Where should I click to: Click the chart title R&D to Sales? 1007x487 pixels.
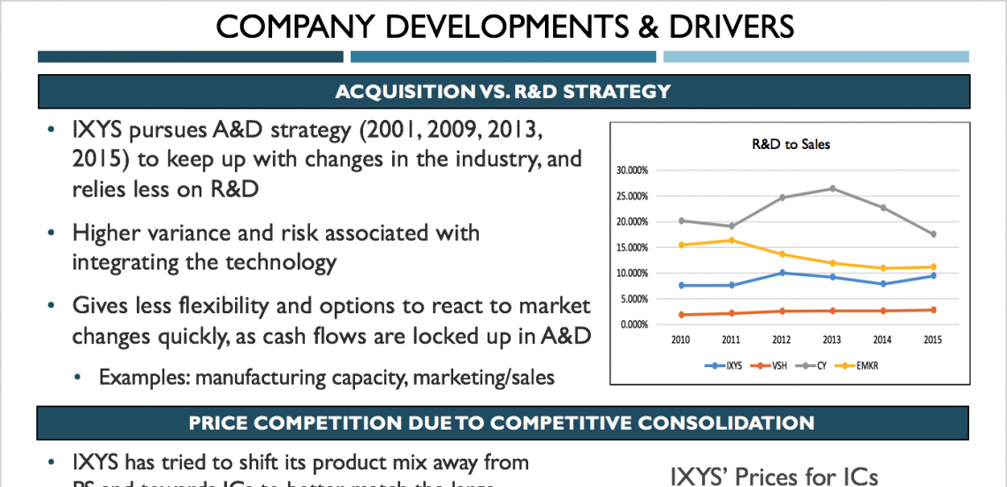791,144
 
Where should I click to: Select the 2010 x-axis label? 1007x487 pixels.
680,339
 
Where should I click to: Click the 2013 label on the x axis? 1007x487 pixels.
832,339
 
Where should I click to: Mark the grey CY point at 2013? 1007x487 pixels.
832,189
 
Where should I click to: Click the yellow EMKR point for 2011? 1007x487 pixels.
731,240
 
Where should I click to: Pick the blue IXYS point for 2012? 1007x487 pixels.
782,273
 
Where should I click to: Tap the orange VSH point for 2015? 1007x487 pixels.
933,310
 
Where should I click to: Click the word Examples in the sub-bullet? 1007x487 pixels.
144,378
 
